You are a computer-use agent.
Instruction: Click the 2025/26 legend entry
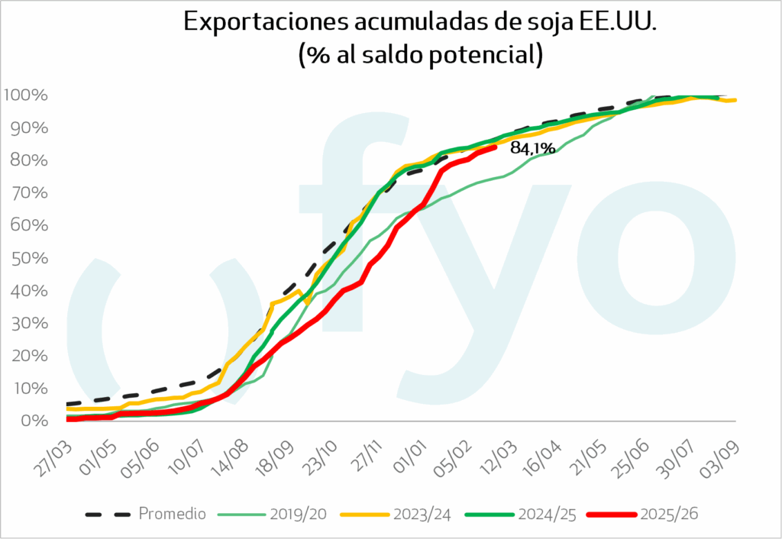pyautogui.click(x=670, y=514)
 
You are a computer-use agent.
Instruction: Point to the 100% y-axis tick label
pyautogui.click(x=26, y=95)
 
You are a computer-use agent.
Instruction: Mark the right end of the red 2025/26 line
pyautogui.click(x=496, y=147)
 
